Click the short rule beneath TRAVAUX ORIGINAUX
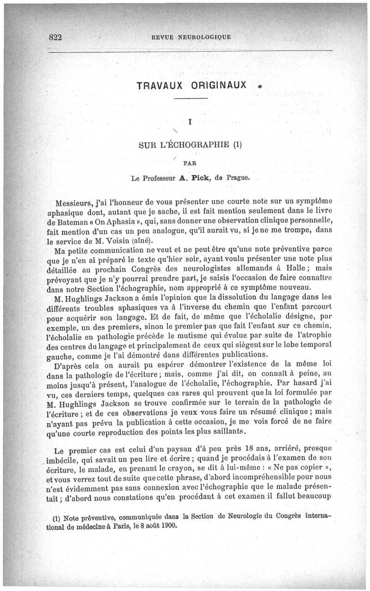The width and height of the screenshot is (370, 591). (x=191, y=99)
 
